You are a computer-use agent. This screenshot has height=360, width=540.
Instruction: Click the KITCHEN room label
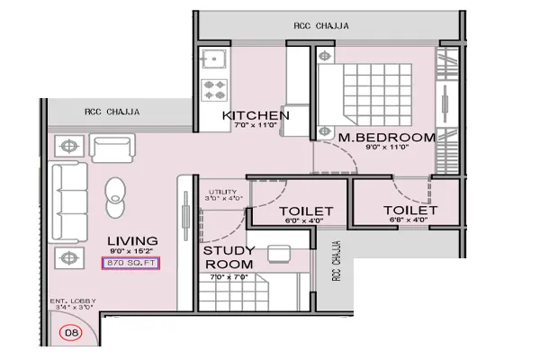pos(256,116)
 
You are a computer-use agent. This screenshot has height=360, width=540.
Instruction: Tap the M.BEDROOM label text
pos(387,138)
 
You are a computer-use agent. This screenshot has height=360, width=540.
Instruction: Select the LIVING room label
pos(133,240)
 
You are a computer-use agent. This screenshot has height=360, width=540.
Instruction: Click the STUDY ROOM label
pos(228,256)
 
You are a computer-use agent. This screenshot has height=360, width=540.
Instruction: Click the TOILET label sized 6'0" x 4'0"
pos(305,211)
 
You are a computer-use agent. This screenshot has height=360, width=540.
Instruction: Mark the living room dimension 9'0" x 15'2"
pos(133,252)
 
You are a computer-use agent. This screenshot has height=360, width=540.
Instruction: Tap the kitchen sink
pos(216,59)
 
